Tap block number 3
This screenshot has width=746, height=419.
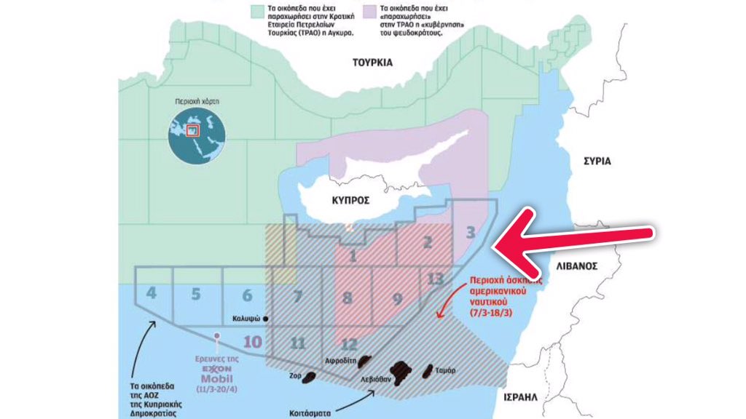471,233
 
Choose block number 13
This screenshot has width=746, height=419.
436,279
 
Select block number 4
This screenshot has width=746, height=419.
152,295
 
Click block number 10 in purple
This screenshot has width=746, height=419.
253,342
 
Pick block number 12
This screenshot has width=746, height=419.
350,345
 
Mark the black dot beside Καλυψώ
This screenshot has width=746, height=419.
266,319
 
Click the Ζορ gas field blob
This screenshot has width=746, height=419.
309,377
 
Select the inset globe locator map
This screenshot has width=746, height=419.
194,132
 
